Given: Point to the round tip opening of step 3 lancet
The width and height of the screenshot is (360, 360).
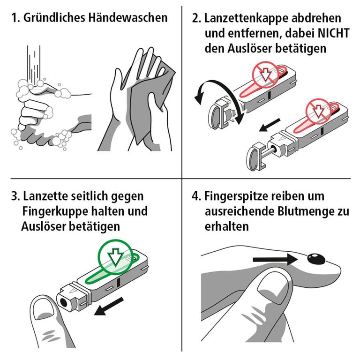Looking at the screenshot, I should pos(62,302).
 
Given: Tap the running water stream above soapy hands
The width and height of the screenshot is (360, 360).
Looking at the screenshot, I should pos(35,61).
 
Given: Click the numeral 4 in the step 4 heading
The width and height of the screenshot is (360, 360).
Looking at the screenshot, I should pos(195,195).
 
